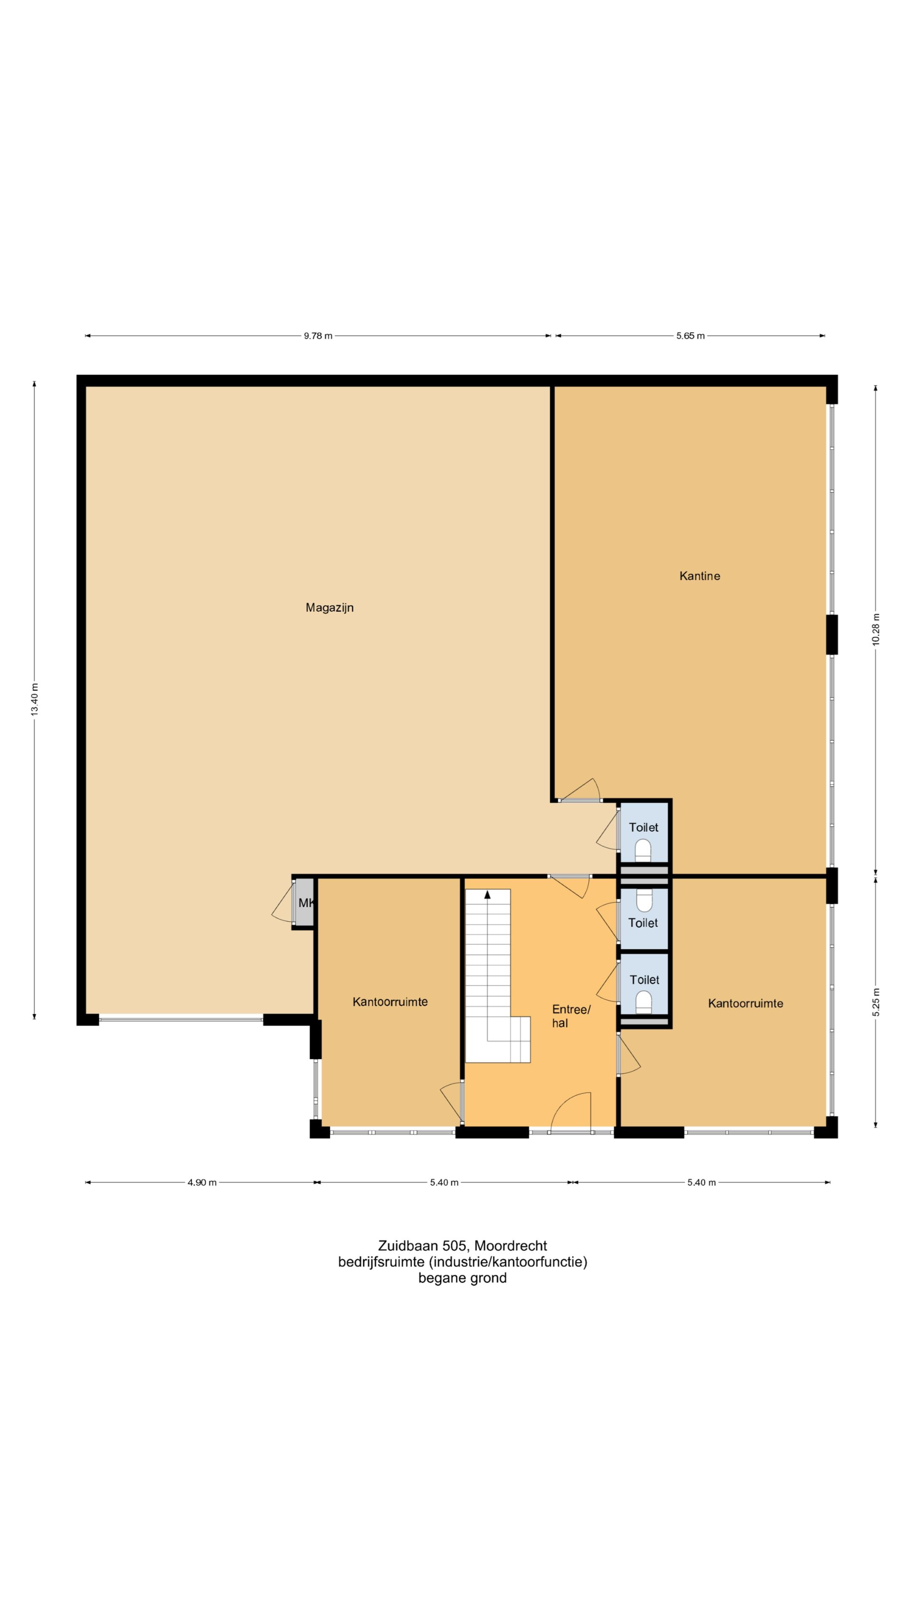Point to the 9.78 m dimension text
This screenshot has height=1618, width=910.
(x=318, y=336)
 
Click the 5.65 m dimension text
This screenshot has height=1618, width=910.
(x=690, y=336)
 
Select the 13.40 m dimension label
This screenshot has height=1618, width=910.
(x=35, y=699)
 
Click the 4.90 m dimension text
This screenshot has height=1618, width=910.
(x=202, y=1183)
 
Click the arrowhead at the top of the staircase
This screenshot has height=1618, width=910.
(x=487, y=895)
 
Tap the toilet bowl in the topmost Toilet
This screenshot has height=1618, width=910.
(x=643, y=852)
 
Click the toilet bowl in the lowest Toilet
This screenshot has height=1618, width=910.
(x=644, y=1002)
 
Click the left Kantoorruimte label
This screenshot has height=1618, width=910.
(x=390, y=1002)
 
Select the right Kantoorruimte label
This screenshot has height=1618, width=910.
(x=745, y=1004)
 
